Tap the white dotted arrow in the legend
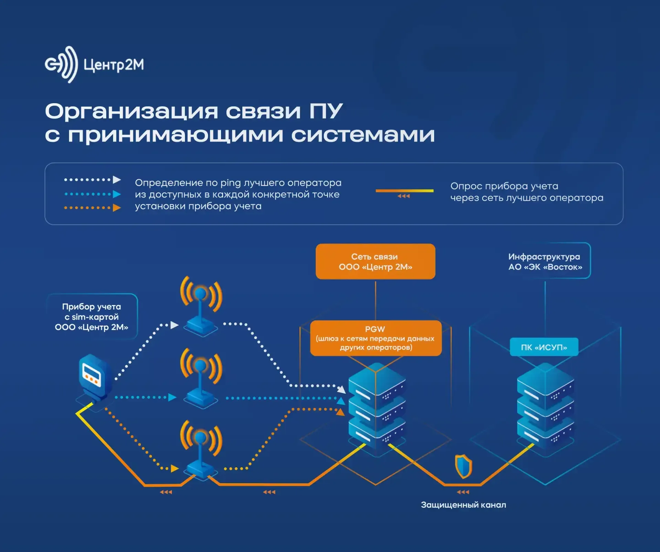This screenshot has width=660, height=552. point(92,180)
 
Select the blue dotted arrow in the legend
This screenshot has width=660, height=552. point(92,194)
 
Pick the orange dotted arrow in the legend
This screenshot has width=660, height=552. point(92,208)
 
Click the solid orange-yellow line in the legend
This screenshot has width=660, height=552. point(404,191)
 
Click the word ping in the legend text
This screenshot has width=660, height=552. point(230,183)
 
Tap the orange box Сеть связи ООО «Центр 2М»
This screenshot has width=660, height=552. point(375,261)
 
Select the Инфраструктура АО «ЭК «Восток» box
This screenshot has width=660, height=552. point(545,261)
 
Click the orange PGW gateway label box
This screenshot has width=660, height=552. point(375,338)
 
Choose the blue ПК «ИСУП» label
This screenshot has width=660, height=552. point(544,347)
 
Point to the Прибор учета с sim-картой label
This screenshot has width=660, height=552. point(92,317)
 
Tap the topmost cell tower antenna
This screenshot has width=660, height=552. point(201,306)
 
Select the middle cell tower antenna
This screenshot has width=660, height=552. point(201,378)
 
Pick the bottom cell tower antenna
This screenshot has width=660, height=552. point(201,451)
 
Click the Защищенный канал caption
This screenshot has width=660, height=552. point(463,505)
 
